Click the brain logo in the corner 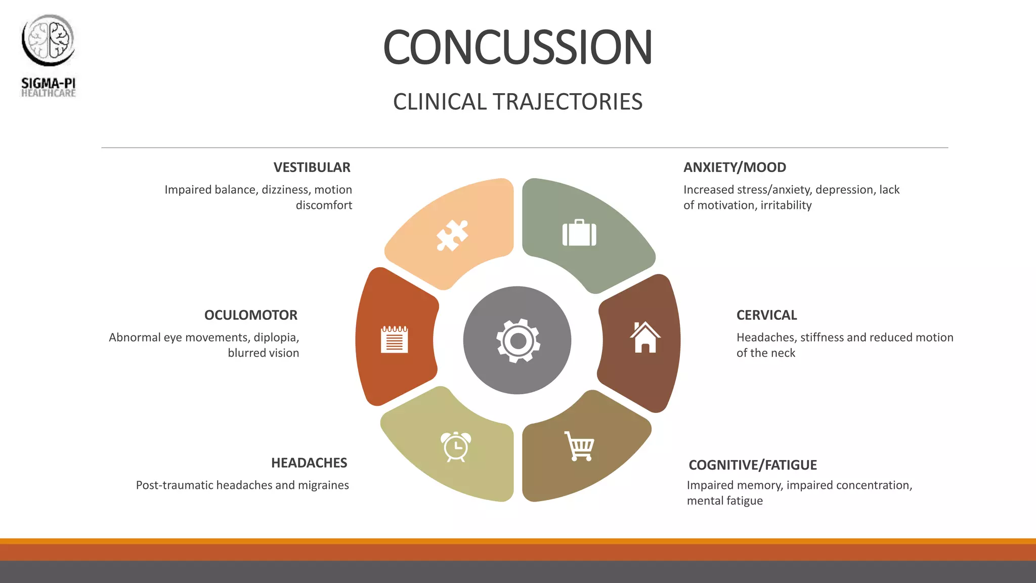point(48,40)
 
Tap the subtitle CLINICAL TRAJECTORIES point(517,102)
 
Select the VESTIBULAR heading point(312,168)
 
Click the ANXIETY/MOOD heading point(735,168)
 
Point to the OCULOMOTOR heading point(250,315)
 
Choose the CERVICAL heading point(766,315)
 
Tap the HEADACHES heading point(309,463)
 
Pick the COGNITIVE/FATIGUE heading point(752,465)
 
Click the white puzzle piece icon point(452,235)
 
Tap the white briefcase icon point(579,233)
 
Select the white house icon point(645,337)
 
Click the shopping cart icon point(580,446)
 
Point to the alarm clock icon point(456,446)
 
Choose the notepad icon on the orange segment point(394,339)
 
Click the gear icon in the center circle point(517,341)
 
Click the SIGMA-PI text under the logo point(48,83)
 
